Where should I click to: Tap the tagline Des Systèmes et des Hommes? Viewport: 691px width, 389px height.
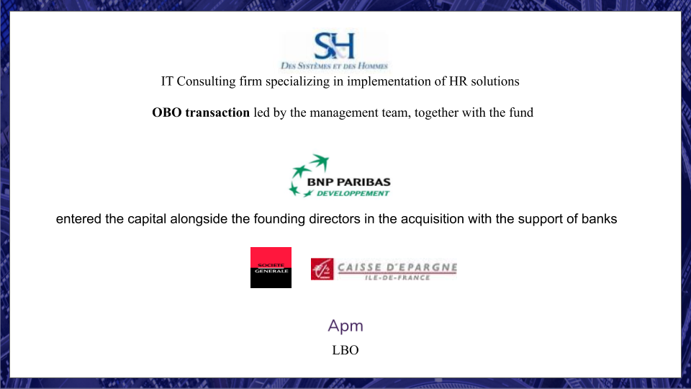point(334,66)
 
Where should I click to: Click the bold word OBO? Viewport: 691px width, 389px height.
point(166,112)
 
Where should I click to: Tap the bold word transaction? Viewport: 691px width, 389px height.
point(217,112)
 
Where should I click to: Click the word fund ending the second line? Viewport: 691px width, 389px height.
point(521,112)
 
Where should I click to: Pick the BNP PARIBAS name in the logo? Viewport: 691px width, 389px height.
point(348,182)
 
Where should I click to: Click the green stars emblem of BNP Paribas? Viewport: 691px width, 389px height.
point(309,175)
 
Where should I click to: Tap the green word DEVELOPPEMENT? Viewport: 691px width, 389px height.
point(353,193)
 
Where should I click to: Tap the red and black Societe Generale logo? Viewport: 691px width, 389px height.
point(271,267)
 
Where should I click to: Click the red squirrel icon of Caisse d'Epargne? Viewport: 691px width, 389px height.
point(322,269)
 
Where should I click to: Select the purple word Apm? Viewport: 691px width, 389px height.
point(345,326)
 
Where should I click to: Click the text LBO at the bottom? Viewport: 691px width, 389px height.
point(345,350)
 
